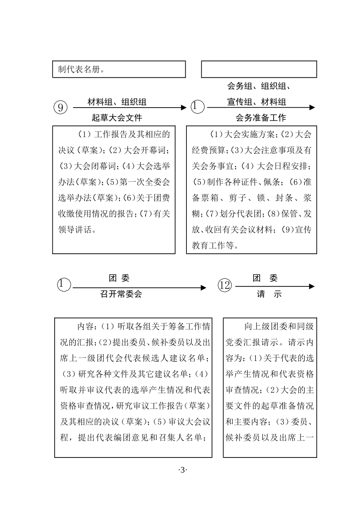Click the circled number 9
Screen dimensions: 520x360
(61, 108)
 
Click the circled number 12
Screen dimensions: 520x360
(225, 285)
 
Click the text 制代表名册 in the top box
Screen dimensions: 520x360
(80, 70)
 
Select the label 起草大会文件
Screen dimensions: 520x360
(117, 118)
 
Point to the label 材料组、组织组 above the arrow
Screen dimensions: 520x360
(117, 102)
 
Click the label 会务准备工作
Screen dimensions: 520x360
(261, 118)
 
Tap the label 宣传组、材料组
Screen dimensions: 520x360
(257, 102)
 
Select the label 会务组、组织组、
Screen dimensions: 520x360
(259, 86)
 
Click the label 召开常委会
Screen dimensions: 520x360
(121, 294)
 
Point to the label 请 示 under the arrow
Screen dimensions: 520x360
(269, 294)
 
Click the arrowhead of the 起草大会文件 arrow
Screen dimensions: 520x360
(184, 108)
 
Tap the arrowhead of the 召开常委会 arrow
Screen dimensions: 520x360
(203, 288)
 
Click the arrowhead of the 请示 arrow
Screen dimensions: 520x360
(312, 286)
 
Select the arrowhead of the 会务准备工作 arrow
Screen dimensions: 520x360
(312, 108)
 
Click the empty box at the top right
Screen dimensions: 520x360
(259, 69)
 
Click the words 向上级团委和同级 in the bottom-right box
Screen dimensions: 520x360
(279, 326)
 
